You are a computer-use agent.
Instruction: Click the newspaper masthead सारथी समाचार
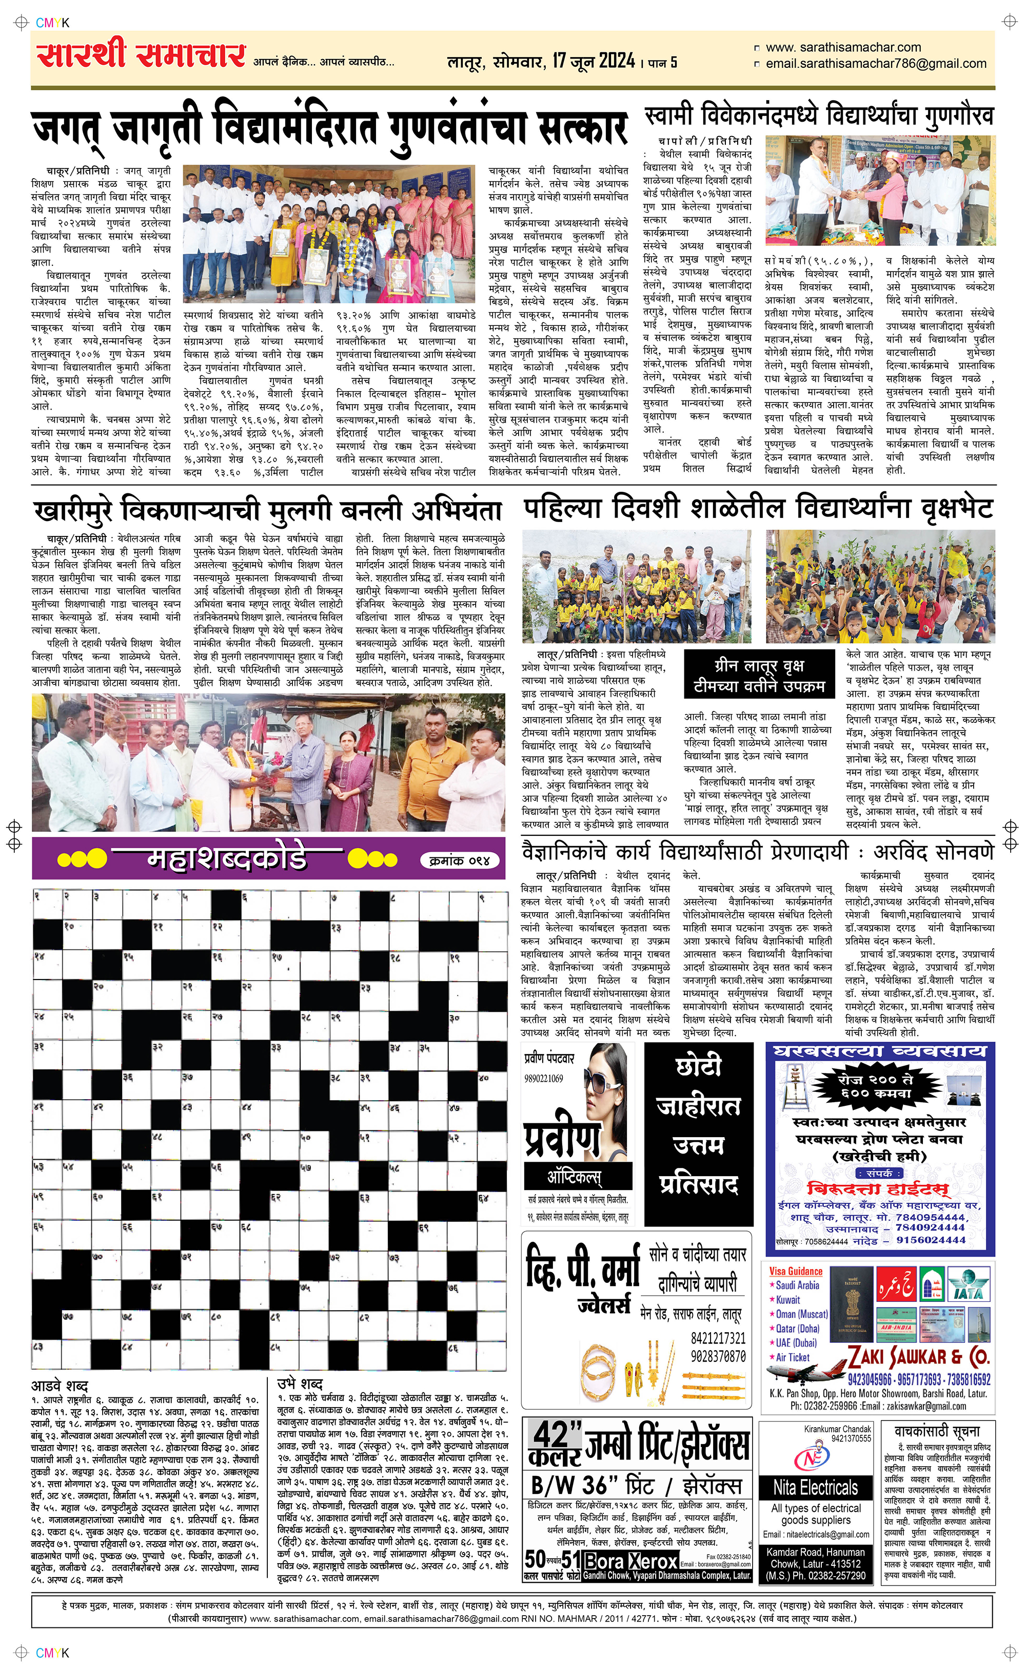(x=141, y=55)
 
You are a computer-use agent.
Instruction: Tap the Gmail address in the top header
(x=875, y=64)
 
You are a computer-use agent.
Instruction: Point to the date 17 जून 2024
(x=594, y=61)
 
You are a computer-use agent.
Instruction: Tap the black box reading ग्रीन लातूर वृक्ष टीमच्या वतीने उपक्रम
(x=759, y=676)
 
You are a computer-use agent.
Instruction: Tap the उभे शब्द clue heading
(x=300, y=1384)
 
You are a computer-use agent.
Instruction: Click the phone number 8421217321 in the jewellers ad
(x=718, y=1338)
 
